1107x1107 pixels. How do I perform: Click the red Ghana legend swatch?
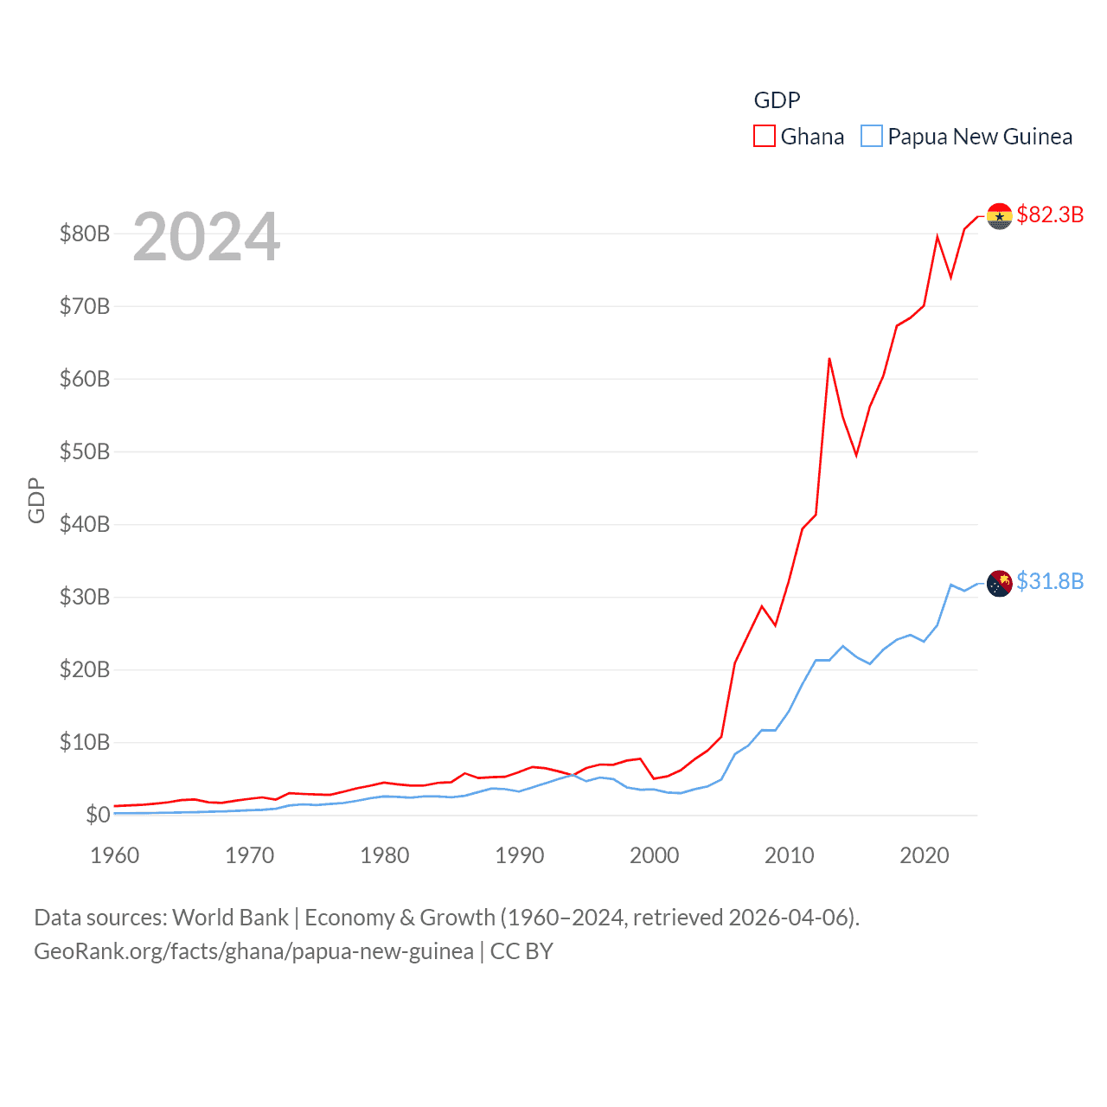click(x=765, y=137)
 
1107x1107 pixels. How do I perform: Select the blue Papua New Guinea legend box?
click(x=872, y=137)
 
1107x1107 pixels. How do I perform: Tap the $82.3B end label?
click(x=1050, y=214)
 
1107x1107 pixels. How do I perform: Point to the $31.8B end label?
click(x=1050, y=581)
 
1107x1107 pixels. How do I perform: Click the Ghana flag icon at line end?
click(x=999, y=216)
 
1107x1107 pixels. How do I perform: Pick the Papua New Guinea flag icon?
click(x=999, y=583)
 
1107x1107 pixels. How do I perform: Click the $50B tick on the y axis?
click(x=85, y=451)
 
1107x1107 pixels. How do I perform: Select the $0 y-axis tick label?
click(x=98, y=815)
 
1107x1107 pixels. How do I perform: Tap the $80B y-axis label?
click(x=85, y=234)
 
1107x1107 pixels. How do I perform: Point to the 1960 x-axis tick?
click(x=115, y=855)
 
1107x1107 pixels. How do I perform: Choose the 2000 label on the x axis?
click(x=655, y=855)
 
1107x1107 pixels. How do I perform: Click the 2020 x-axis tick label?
click(x=925, y=855)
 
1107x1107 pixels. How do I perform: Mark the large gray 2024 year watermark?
click(x=207, y=236)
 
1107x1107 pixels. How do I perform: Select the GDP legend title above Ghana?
click(x=777, y=100)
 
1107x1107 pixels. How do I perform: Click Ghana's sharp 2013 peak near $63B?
click(x=829, y=359)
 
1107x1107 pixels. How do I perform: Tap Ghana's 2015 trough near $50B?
click(x=856, y=455)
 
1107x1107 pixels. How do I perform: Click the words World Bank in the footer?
click(x=230, y=917)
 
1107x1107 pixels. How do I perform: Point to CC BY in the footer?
click(x=522, y=951)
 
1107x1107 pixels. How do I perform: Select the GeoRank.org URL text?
click(x=253, y=951)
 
